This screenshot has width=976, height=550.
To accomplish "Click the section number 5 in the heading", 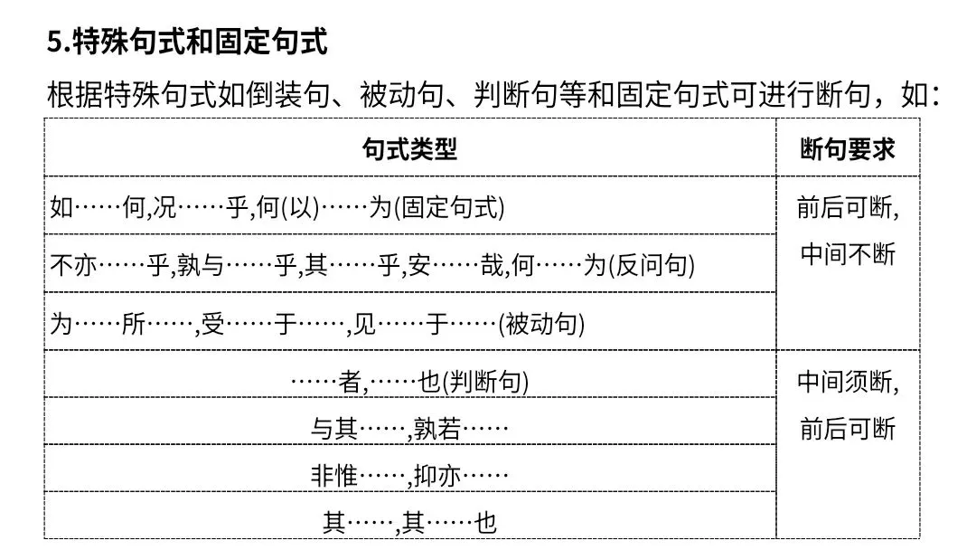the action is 55,43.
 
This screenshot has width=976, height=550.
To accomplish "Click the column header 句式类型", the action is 409,149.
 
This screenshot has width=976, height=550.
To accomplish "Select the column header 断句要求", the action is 847,149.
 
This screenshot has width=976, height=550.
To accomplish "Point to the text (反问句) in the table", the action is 651,266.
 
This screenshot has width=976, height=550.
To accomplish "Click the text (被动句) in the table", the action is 541,325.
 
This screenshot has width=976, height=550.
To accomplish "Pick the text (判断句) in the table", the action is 485,382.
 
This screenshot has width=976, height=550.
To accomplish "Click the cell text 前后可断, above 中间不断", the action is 848,207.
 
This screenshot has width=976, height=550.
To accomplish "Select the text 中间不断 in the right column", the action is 848,254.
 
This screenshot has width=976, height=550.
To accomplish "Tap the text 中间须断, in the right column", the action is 848,382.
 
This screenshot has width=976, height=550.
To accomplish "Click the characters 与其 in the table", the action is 334,429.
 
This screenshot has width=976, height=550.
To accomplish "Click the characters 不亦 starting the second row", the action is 74,266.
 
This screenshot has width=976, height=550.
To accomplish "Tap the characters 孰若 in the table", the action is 437,429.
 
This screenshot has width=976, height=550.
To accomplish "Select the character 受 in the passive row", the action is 213,325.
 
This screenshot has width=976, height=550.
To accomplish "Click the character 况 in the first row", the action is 165,207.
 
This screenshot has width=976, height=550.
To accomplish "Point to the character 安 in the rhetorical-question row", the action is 419,266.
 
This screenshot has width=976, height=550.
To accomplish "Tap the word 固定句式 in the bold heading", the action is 270,43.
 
